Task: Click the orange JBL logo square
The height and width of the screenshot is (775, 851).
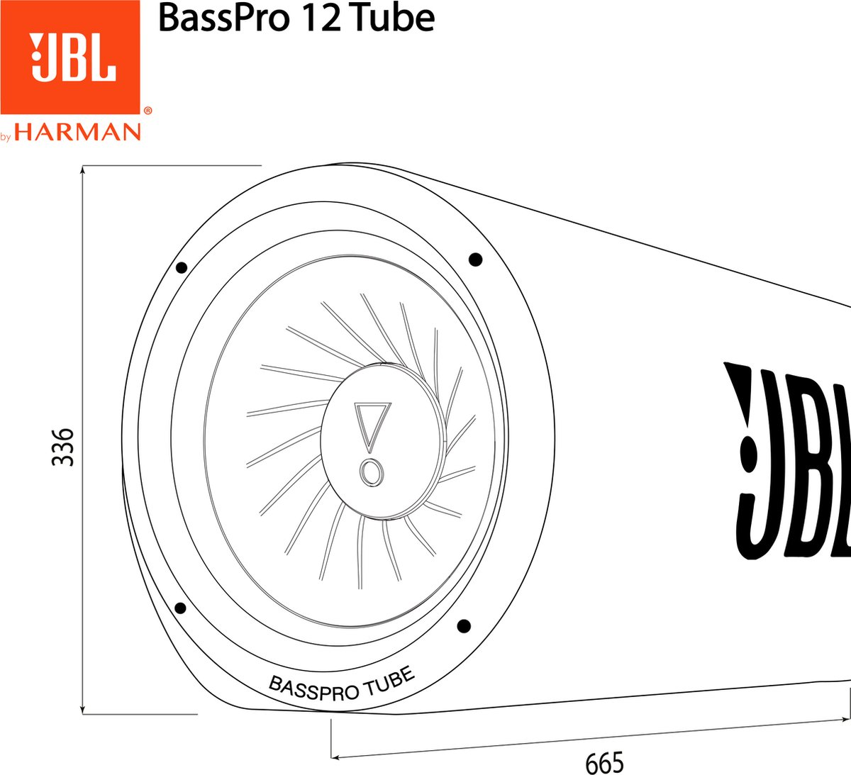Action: [x=70, y=57]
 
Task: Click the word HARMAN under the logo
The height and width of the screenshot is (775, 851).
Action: [x=78, y=132]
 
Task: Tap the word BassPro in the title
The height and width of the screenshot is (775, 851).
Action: [x=223, y=18]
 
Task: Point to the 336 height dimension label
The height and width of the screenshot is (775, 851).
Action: [x=63, y=447]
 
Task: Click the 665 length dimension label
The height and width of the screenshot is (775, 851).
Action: [x=604, y=763]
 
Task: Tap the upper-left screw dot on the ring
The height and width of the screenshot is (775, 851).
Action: [x=181, y=267]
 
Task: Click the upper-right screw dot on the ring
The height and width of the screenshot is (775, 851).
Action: [x=476, y=259]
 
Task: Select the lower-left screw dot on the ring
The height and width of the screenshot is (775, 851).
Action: [x=180, y=608]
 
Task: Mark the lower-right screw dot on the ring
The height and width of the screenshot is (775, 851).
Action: [x=463, y=625]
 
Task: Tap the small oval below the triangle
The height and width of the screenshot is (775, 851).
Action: [x=371, y=472]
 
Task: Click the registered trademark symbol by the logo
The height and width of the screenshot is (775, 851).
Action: [x=148, y=111]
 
